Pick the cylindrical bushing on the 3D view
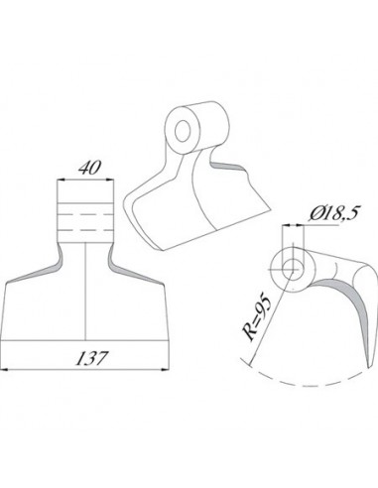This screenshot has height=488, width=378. click(x=194, y=124)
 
